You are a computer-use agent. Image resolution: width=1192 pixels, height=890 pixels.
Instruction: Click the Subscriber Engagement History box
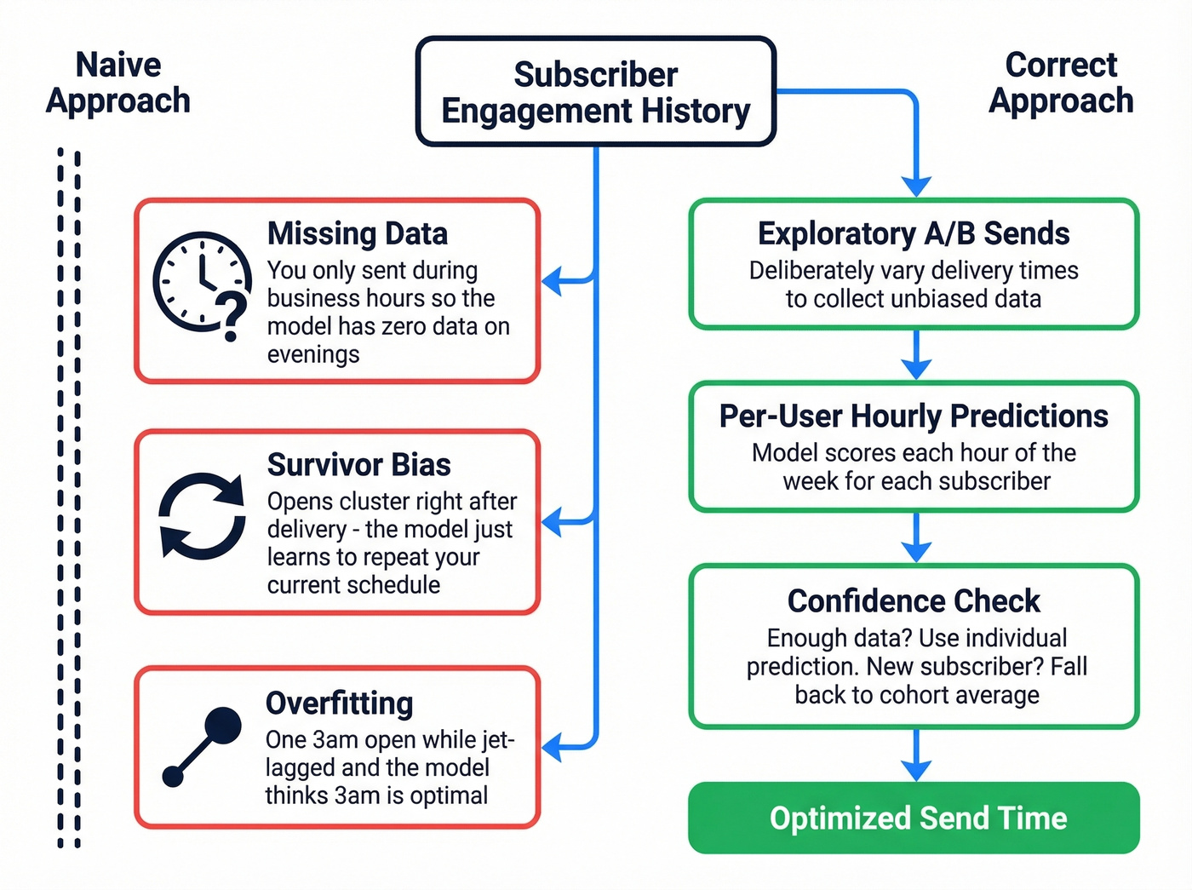click(595, 92)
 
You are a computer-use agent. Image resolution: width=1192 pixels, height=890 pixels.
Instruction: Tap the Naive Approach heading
click(118, 83)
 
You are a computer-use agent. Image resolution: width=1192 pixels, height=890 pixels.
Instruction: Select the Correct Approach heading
click(1061, 83)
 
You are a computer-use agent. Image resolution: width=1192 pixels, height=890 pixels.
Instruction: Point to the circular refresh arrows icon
click(202, 516)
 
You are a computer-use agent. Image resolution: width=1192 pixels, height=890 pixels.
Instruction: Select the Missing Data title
click(357, 233)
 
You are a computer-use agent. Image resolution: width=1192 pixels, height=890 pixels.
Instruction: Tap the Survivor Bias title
click(358, 465)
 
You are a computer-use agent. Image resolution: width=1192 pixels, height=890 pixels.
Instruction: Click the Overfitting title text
click(339, 703)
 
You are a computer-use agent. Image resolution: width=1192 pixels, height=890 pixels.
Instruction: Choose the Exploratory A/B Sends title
click(914, 233)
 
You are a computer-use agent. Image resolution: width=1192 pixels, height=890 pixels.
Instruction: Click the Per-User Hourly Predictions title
click(914, 416)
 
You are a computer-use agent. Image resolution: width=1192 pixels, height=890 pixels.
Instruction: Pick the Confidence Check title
click(914, 601)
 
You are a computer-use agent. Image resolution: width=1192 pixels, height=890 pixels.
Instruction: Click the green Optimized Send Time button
click(914, 818)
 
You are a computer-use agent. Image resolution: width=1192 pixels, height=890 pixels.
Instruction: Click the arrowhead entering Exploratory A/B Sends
click(916, 187)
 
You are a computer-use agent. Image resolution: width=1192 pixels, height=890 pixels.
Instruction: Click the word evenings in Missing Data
click(313, 354)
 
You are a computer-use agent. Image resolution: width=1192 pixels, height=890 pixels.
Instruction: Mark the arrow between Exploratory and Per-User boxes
click(916, 358)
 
